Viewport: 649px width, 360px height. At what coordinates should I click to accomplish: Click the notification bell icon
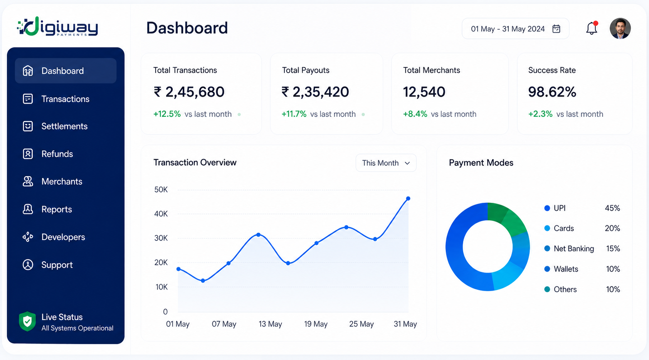coord(592,28)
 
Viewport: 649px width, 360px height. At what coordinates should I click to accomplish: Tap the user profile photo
coord(620,29)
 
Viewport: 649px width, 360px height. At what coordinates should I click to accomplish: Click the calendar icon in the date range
coord(556,29)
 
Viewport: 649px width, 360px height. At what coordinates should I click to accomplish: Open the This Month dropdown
coord(386,163)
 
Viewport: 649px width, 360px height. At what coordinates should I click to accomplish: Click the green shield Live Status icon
coord(27,321)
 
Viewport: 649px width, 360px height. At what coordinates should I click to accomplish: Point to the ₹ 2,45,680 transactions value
coord(189,92)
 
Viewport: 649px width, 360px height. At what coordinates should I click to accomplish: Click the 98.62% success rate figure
coord(552,92)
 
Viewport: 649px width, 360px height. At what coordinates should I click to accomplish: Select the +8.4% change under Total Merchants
coord(415,114)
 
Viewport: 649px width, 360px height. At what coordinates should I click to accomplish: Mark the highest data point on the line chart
coord(408,199)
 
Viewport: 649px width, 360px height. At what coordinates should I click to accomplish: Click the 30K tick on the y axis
coord(161,238)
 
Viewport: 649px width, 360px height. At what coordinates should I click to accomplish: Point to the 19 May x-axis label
coord(316,324)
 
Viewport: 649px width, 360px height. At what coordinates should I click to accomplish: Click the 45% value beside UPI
coord(612,208)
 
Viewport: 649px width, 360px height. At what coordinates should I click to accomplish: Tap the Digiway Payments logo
coord(57,26)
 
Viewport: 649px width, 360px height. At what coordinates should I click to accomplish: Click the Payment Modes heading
coord(481,163)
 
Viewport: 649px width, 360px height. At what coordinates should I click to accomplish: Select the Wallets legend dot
coord(547,269)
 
